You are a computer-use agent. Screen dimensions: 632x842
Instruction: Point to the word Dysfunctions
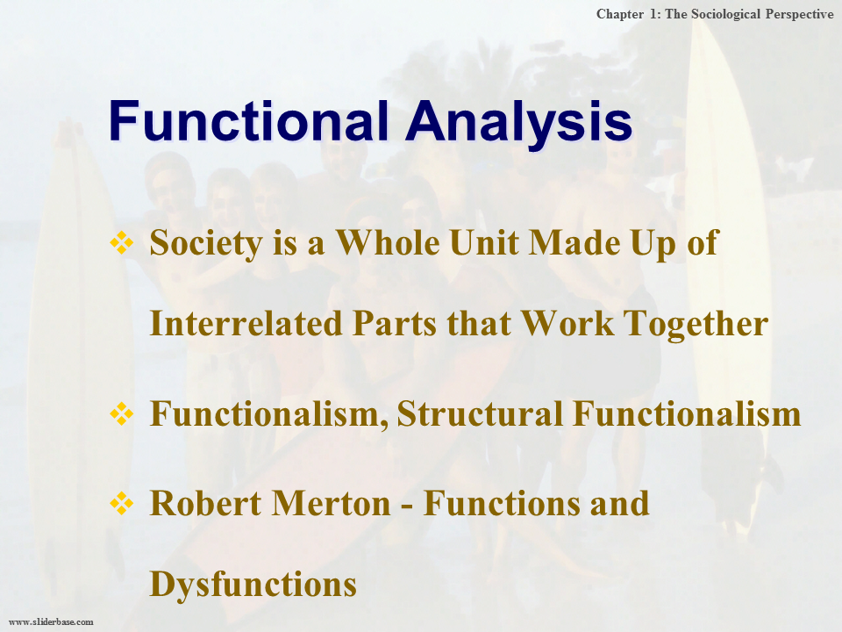click(x=253, y=584)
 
